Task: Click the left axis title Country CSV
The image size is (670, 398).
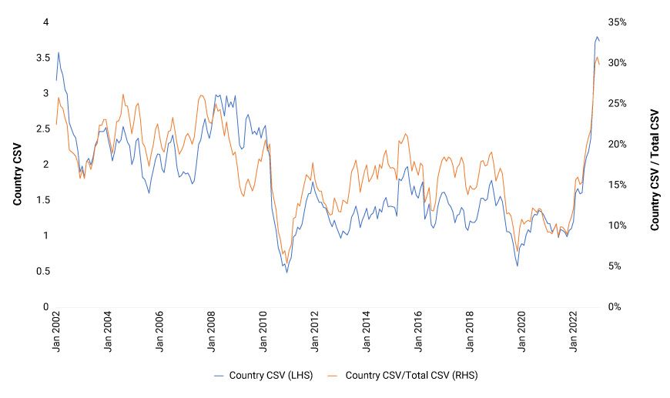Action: coord(16,164)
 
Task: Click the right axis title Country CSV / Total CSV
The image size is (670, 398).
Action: coord(655,169)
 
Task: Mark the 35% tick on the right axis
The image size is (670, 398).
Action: coord(617,22)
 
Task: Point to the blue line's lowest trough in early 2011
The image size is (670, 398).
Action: coord(287,273)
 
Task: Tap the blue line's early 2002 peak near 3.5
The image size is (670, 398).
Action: coord(59,52)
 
